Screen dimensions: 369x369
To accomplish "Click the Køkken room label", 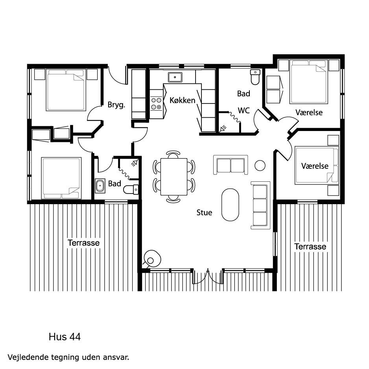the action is click(x=183, y=100).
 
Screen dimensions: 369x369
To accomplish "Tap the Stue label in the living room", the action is click(x=204, y=212).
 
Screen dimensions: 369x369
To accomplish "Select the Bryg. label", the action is click(x=116, y=105).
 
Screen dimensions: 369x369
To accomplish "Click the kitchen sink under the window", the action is click(x=175, y=77).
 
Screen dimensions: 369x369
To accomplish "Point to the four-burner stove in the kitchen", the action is click(x=156, y=103).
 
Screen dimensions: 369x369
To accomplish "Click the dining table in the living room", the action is click(x=174, y=177).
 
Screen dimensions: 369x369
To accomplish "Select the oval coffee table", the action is click(x=230, y=205).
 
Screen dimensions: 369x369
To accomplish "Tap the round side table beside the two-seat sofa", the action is click(x=260, y=166).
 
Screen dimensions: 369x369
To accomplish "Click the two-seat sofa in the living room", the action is click(x=231, y=165).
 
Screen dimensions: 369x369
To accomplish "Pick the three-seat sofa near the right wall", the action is click(x=260, y=205).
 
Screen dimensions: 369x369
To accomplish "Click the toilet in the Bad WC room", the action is click(x=255, y=77).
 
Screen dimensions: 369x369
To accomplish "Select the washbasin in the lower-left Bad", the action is click(x=100, y=186).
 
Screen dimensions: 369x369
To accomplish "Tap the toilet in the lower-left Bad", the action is click(x=131, y=189).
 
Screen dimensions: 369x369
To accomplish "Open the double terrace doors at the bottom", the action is click(x=208, y=276).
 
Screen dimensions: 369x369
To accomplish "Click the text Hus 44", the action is click(x=65, y=337).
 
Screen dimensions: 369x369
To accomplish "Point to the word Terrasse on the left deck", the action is click(x=83, y=243).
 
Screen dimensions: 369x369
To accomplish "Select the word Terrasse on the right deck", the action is click(x=310, y=246).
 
